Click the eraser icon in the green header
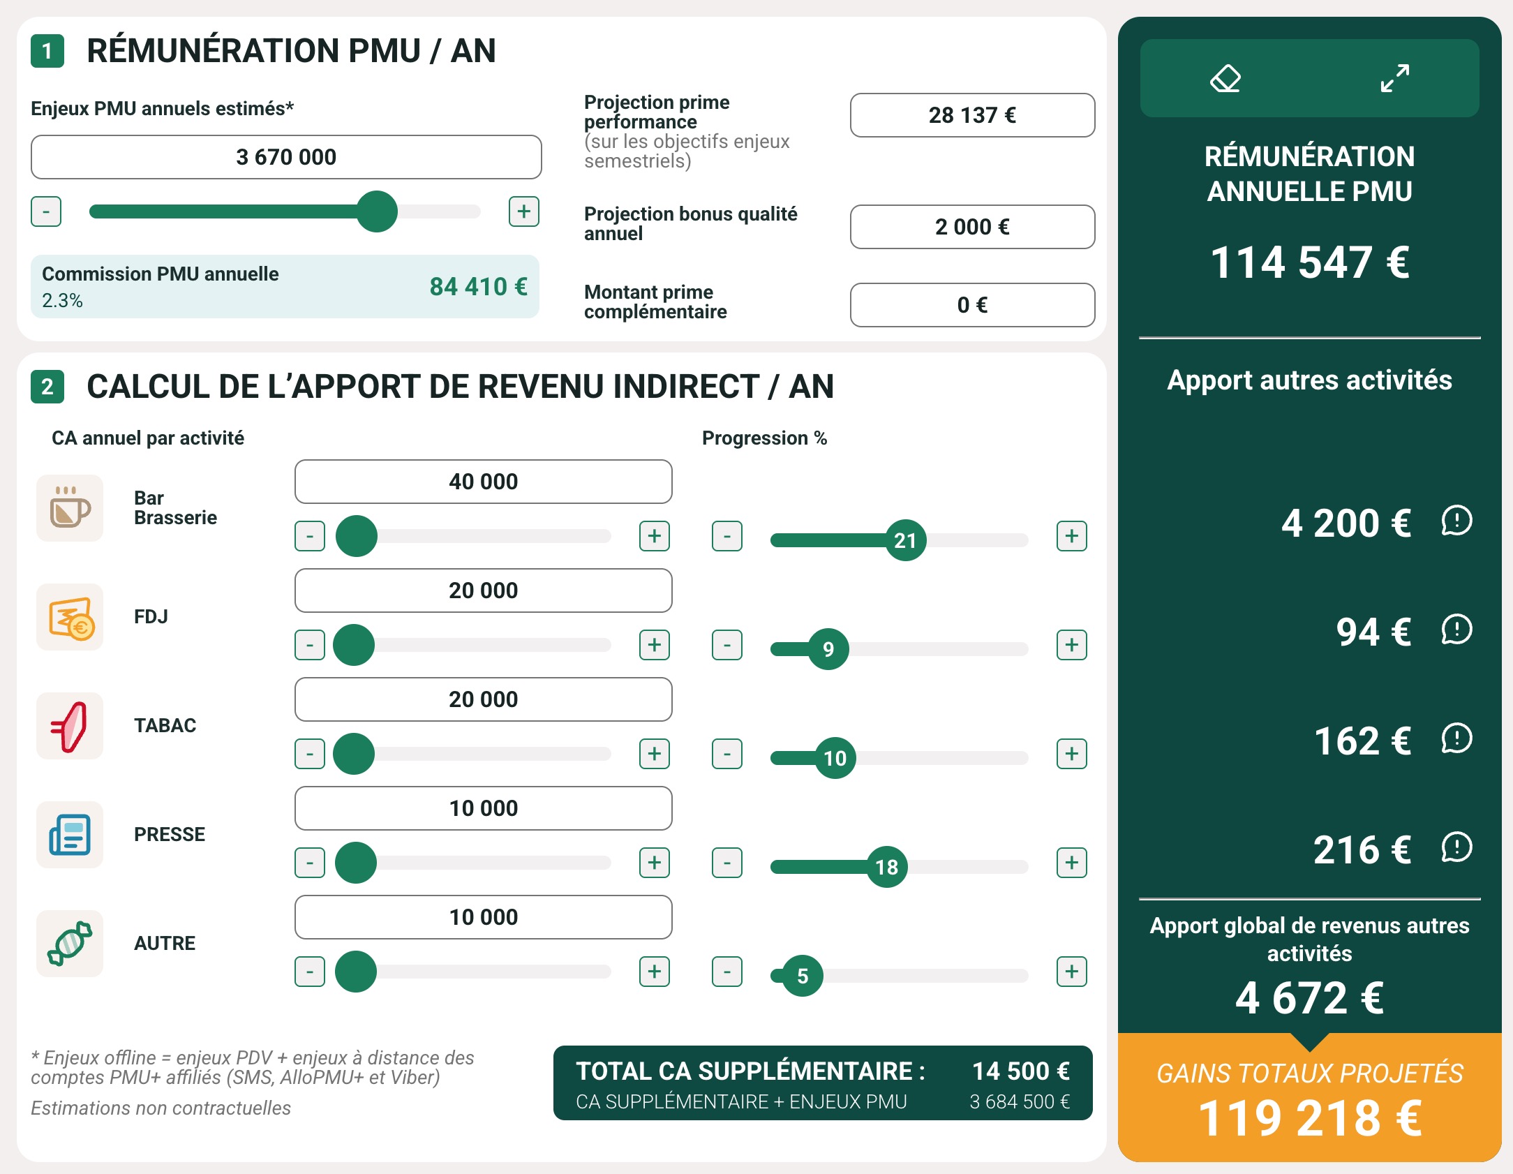pos(1225,78)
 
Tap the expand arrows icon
pos(1394,78)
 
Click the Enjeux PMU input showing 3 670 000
pos(286,157)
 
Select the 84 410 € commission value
pos(478,287)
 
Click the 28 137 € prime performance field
pos(972,115)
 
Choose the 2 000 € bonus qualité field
pos(972,227)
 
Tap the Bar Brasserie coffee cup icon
pos(70,508)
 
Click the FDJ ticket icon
pos(70,617)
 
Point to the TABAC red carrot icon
pos(70,726)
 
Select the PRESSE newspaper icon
pos(70,835)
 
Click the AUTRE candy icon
pos(70,944)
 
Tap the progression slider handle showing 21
pos(905,540)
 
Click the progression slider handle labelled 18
pos(886,867)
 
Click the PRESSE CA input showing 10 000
pos(483,808)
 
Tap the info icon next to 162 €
pos(1456,738)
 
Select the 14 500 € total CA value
pos(1020,1071)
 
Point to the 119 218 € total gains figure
pos(1309,1118)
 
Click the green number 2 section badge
pos(47,387)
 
